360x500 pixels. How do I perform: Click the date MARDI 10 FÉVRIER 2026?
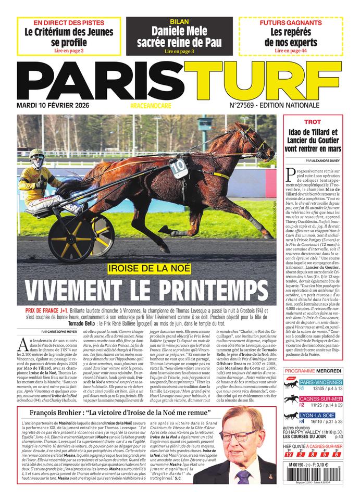pos(57,105)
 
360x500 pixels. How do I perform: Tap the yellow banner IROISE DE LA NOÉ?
pos(148,269)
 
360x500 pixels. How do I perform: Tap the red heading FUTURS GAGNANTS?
pos(290,23)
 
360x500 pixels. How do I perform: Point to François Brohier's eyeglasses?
pos(238,436)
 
